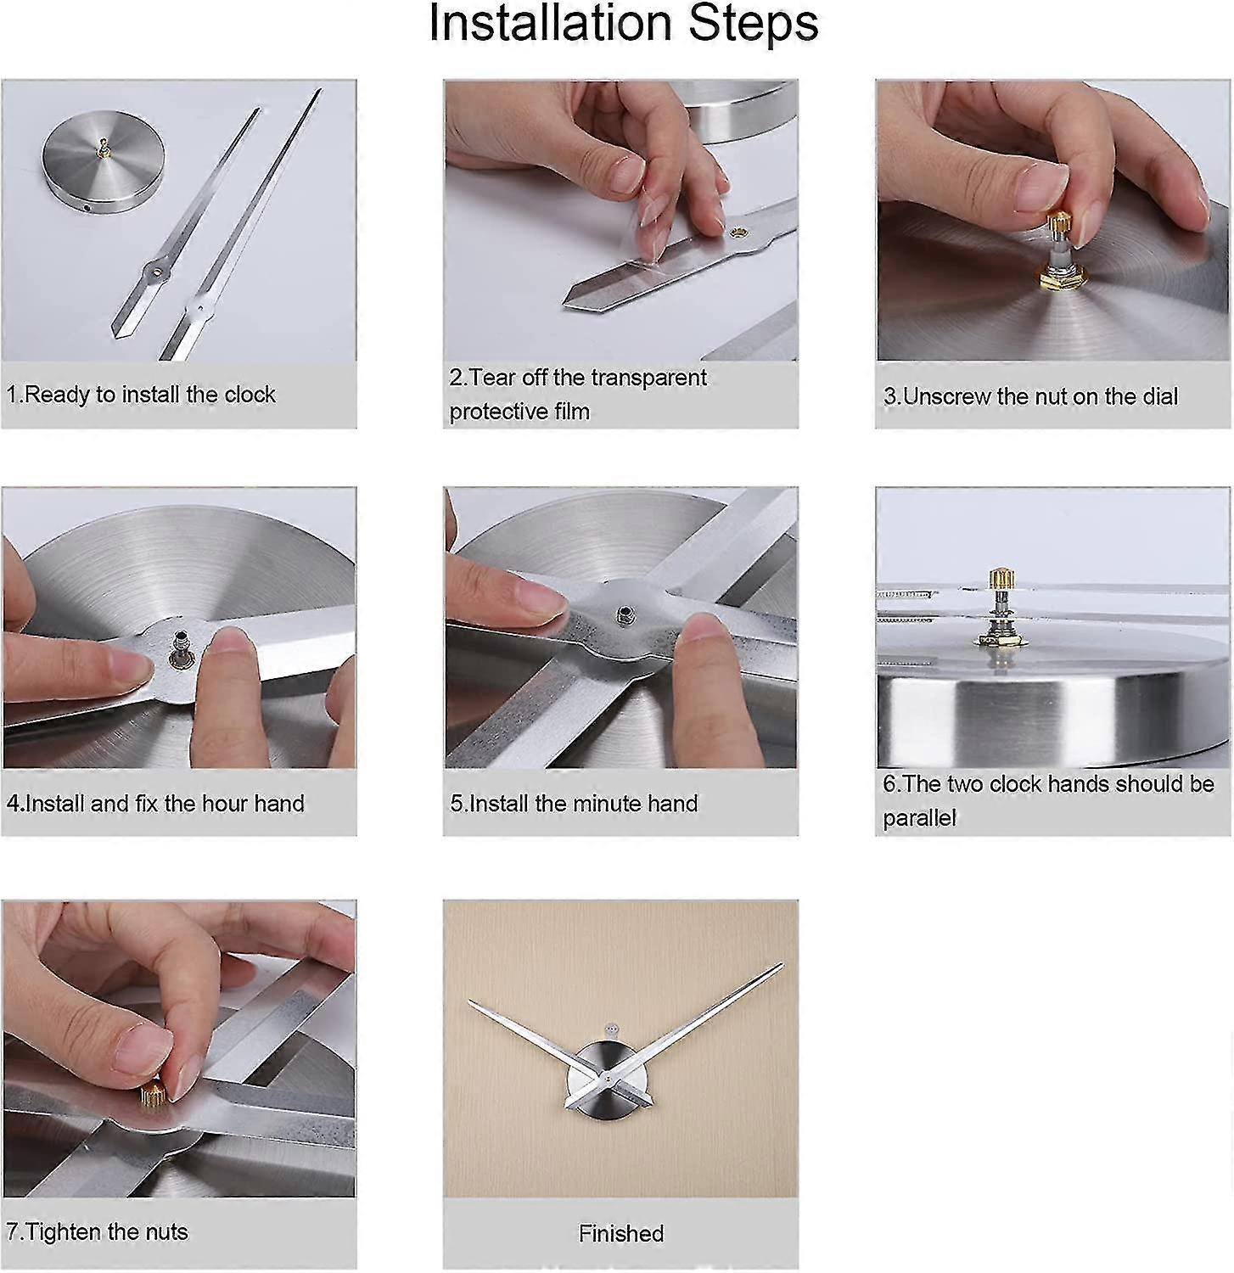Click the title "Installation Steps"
[x=623, y=24]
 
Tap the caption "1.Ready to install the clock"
[x=141, y=395]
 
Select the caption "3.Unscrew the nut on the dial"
[x=1030, y=396]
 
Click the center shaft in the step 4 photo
[x=181, y=642]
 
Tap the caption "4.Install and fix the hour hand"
[x=155, y=804]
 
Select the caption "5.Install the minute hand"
[x=574, y=804]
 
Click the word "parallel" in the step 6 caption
[x=919, y=818]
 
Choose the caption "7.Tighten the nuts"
[x=97, y=1232]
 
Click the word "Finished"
[x=621, y=1233]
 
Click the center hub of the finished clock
[x=609, y=1078]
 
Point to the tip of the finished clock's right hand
[x=782, y=964]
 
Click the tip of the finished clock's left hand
[x=469, y=1001]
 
